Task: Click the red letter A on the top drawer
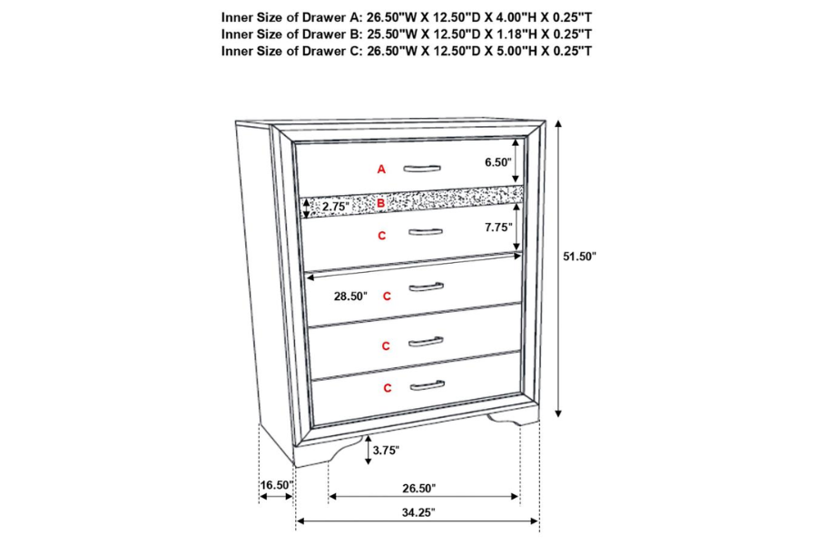tap(381, 170)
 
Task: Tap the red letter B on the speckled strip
tap(381, 203)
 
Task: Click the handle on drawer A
tap(422, 168)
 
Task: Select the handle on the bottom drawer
tap(428, 385)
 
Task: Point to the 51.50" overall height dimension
tap(579, 256)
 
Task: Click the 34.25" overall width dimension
tap(418, 512)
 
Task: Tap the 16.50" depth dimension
tap(277, 485)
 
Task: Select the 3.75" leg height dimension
tap(386, 451)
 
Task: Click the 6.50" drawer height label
tap(498, 162)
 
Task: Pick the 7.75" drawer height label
tap(498, 227)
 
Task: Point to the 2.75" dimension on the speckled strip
tap(336, 207)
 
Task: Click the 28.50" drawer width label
tap(350, 296)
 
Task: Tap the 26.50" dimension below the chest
tap(418, 489)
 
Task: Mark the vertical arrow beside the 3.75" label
tap(369, 451)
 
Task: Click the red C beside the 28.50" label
tap(387, 296)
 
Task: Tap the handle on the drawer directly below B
tap(426, 232)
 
